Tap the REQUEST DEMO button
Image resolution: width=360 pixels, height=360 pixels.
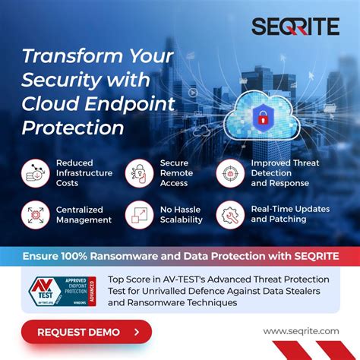point(86,332)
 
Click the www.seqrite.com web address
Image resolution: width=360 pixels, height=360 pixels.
point(301,331)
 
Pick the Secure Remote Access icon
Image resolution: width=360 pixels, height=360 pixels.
point(139,173)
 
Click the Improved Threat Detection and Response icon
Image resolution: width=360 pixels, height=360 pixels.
point(230,173)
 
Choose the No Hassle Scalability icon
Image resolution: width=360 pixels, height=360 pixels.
point(139,214)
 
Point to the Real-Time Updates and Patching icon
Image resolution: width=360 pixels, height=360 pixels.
point(230,214)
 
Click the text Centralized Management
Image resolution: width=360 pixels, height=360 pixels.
point(84,214)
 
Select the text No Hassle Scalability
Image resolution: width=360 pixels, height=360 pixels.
point(181,214)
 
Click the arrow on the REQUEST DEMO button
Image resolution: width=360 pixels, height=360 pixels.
point(136,332)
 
